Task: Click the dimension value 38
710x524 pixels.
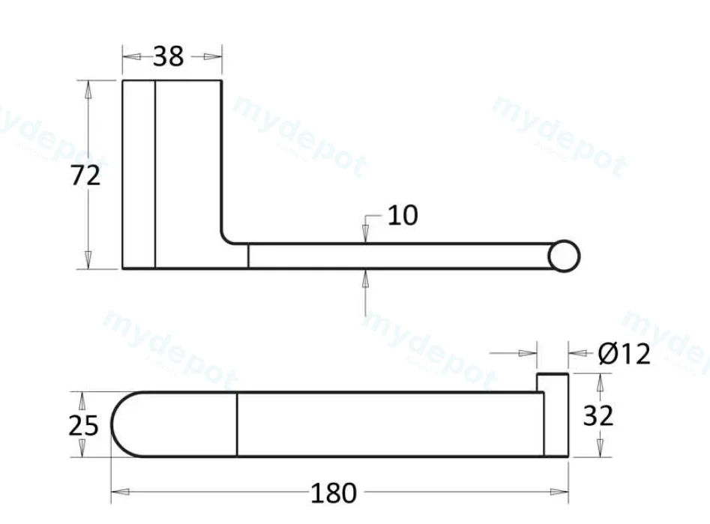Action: pyautogui.click(x=169, y=57)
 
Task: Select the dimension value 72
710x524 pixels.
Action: pyautogui.click(x=85, y=175)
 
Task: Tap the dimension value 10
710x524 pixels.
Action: pyautogui.click(x=403, y=215)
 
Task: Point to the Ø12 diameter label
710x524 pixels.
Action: pyautogui.click(x=625, y=354)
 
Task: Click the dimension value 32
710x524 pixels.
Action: pyautogui.click(x=598, y=416)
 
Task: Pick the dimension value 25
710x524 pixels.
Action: pyautogui.click(x=83, y=426)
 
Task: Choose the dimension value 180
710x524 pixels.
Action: pyautogui.click(x=334, y=493)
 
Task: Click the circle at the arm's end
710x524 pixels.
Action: pyautogui.click(x=564, y=256)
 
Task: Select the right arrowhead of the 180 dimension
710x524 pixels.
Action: pyautogui.click(x=559, y=492)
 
